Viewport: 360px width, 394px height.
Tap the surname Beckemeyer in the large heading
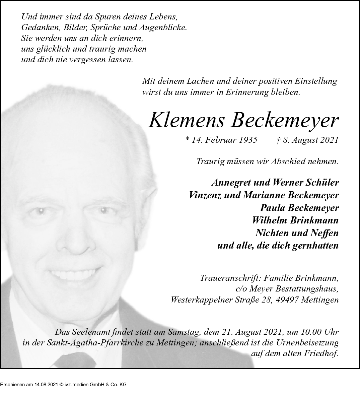284,120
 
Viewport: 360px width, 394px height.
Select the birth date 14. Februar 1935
221,140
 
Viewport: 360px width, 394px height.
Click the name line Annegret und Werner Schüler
275,183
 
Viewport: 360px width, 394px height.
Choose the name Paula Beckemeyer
299,208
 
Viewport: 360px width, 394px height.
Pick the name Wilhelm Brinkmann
295,220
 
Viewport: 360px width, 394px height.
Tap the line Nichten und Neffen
297,233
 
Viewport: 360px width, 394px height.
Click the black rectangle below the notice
63,381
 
